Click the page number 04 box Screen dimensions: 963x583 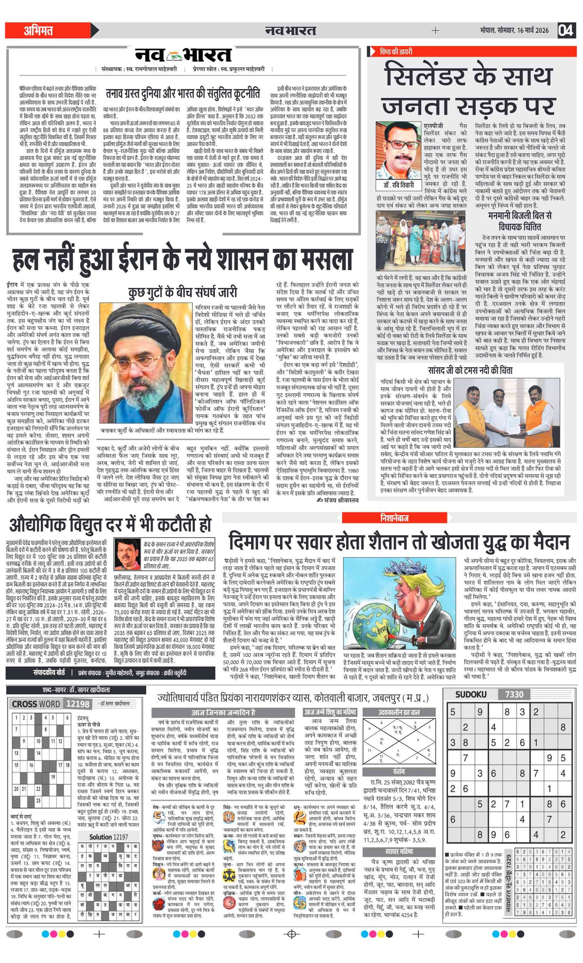coord(566,30)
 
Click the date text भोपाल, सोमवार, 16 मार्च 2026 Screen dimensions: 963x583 coord(514,31)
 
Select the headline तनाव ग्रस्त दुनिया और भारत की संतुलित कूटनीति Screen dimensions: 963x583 coord(183,94)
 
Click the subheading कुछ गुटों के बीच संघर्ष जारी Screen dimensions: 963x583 coord(183,292)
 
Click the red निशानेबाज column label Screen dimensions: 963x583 coord(394,518)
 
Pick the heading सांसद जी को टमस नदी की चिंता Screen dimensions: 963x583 coord(470,370)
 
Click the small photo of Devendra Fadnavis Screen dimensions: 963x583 coord(128,554)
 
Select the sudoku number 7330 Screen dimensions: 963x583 coord(514,695)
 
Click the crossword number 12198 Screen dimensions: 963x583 coord(78,704)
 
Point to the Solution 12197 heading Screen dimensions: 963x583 coord(108,837)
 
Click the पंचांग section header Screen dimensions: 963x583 coord(399,771)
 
